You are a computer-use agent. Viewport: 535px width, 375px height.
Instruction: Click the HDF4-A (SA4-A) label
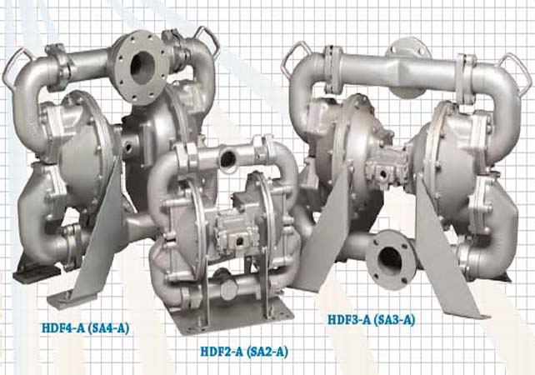86,328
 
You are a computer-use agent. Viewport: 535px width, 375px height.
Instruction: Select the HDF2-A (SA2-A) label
244,351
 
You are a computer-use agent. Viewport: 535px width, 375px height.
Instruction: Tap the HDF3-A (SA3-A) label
372,320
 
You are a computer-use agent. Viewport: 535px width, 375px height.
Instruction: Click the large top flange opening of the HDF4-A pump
143,67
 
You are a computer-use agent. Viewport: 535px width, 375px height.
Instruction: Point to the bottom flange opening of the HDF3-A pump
388,260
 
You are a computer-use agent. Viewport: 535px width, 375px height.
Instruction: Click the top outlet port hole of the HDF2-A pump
228,157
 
